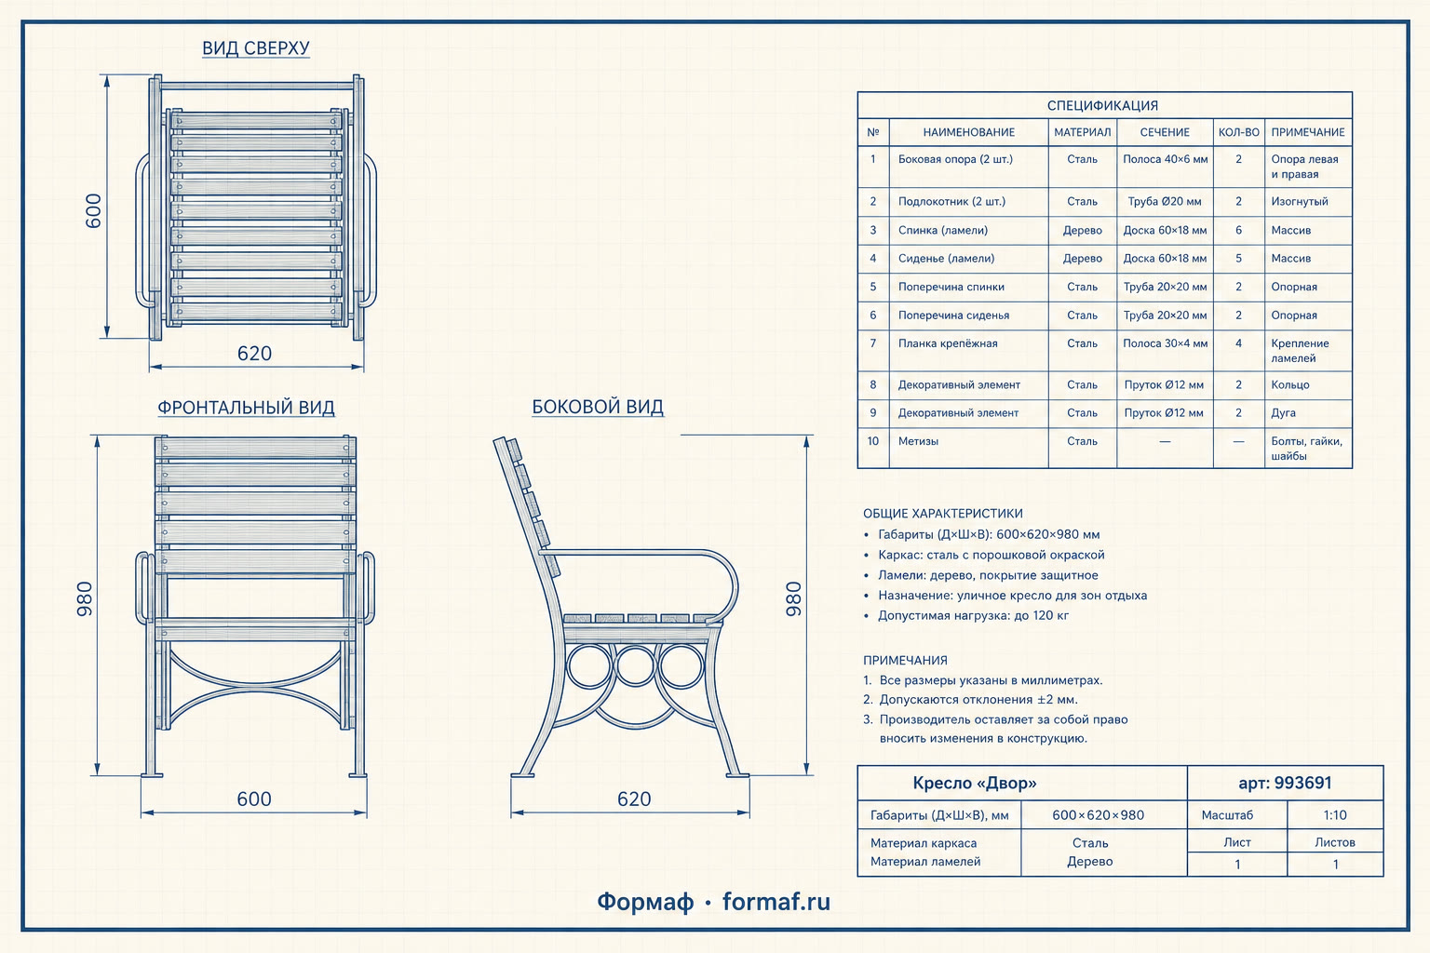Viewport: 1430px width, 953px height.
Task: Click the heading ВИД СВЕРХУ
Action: [x=255, y=47]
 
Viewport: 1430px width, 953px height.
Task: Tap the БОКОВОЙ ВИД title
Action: [x=598, y=407]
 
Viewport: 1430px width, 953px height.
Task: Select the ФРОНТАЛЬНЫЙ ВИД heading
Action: [x=246, y=408]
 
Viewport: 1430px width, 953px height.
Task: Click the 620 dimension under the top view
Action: [x=255, y=353]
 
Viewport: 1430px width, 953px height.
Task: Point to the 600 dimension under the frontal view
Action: [x=254, y=799]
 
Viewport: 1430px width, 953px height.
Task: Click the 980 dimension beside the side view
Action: [x=793, y=598]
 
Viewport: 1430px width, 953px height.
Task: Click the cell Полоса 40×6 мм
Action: [x=1165, y=159]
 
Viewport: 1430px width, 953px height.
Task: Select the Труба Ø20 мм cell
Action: [x=1165, y=202]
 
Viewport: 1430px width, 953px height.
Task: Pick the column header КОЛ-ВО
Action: [x=1238, y=132]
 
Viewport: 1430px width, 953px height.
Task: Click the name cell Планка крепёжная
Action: [x=948, y=343]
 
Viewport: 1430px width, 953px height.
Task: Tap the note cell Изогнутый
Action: [x=1299, y=202]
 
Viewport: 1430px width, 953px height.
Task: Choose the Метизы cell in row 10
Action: [x=918, y=441]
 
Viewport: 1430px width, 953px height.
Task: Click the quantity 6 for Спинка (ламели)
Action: [x=1238, y=231]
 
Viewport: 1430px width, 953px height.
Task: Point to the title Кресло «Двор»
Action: [x=974, y=783]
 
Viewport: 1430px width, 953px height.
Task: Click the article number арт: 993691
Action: [x=1285, y=783]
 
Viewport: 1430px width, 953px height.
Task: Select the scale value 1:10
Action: [x=1335, y=815]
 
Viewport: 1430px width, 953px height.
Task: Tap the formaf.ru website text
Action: [x=776, y=902]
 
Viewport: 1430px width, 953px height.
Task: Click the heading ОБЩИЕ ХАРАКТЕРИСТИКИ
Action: [x=943, y=513]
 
